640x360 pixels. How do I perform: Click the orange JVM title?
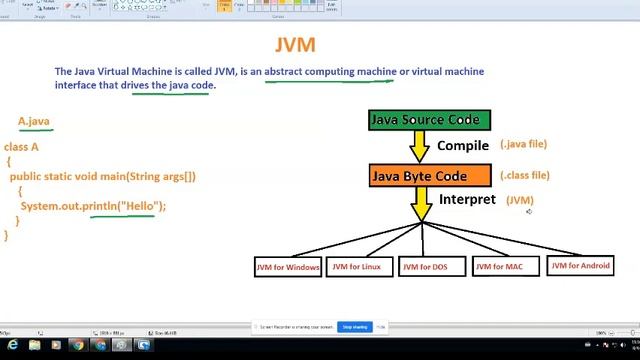point(295,45)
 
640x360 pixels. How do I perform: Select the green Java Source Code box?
point(430,120)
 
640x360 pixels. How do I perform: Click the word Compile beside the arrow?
point(463,146)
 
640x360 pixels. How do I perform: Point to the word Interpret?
point(467,200)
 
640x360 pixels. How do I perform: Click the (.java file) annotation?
point(523,145)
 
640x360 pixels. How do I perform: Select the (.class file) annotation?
point(525,176)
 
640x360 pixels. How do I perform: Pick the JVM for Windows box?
point(288,267)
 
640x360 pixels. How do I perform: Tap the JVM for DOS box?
point(426,267)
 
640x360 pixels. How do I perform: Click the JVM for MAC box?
point(499,267)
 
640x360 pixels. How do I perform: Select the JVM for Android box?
point(581,266)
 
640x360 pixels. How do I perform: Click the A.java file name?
point(34,122)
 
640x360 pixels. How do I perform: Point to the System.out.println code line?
point(93,206)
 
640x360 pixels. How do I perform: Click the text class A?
point(21,147)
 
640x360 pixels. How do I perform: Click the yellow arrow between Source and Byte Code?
point(419,147)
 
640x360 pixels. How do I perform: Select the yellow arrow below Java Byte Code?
point(422,204)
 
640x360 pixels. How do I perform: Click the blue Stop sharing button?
point(354,327)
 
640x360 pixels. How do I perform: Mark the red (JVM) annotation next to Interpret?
point(520,201)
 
